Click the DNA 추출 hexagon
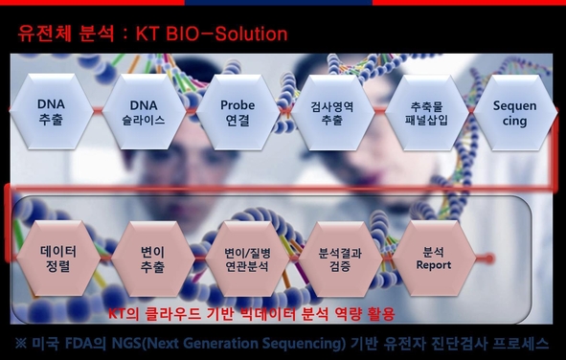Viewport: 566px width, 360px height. tap(51, 112)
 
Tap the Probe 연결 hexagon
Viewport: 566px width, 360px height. tap(237, 112)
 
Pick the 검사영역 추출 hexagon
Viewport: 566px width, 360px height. tap(332, 112)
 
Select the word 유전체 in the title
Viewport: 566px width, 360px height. tap(42, 34)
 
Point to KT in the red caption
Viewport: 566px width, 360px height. tap(118, 313)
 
